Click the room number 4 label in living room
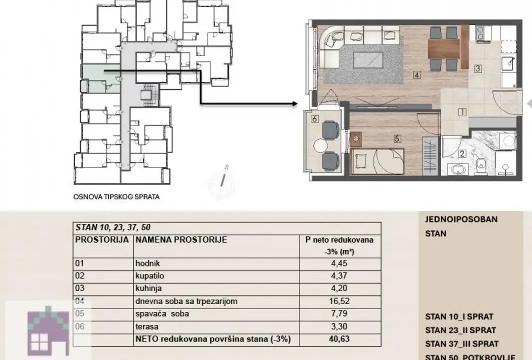[416, 76]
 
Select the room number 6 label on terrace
[314, 119]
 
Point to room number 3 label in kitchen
[478, 69]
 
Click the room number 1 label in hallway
[462, 112]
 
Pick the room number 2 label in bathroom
[462, 154]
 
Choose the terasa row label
[145, 327]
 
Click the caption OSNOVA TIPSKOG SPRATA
[116, 197]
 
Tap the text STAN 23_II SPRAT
[460, 330]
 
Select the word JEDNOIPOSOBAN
[454, 219]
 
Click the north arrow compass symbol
[224, 180]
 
